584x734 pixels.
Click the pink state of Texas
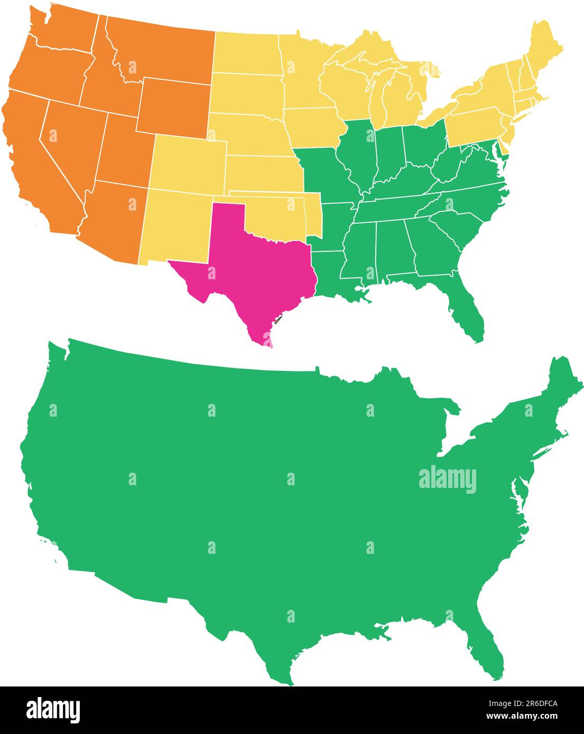click(248, 269)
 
